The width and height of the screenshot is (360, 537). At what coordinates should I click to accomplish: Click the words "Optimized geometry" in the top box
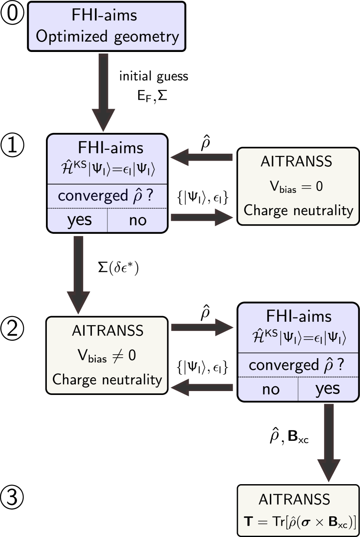click(x=107, y=37)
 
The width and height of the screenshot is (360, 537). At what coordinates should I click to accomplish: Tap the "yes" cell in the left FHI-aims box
click(x=79, y=220)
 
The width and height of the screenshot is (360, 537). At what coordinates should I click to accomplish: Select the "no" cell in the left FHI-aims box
click(x=138, y=220)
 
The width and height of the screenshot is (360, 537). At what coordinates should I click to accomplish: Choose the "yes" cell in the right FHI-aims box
click(x=328, y=389)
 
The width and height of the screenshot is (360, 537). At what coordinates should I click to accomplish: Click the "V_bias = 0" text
click(x=297, y=187)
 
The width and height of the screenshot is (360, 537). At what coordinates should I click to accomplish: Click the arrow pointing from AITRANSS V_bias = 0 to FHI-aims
click(x=202, y=157)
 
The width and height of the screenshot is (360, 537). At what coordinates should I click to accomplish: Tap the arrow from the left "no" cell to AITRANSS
click(x=202, y=217)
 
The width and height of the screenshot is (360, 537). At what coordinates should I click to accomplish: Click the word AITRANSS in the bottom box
click(x=295, y=499)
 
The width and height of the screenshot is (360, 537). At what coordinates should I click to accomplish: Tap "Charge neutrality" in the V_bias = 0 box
click(x=298, y=210)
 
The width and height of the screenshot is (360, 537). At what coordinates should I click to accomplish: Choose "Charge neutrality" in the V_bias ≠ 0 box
click(x=107, y=380)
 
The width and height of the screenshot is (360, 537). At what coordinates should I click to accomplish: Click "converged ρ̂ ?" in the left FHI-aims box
click(x=107, y=196)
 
